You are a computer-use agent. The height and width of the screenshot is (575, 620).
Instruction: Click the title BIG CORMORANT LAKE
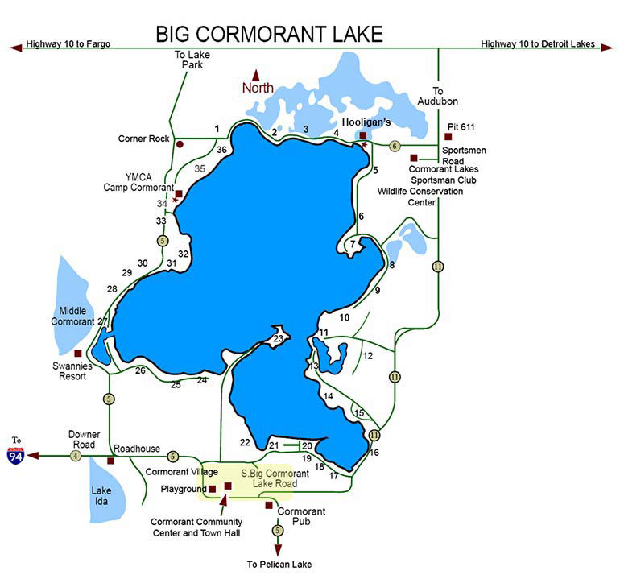(269, 34)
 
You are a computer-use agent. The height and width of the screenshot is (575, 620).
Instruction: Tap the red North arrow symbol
(257, 75)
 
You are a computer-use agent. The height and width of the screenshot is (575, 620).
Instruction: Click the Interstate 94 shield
(15, 455)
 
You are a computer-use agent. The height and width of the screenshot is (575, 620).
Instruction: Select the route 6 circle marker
(395, 146)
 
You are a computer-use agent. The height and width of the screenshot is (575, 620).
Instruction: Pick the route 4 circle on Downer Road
(76, 456)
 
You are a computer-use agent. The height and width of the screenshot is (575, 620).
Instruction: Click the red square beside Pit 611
(448, 137)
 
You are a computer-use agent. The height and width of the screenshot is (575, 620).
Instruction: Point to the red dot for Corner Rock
(180, 145)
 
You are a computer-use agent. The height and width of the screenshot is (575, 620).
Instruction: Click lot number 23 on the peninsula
(279, 340)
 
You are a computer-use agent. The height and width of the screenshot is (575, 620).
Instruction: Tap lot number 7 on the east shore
(353, 243)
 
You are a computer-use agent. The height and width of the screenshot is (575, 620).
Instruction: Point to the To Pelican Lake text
(279, 564)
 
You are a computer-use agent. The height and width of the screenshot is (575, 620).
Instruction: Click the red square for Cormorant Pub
(269, 505)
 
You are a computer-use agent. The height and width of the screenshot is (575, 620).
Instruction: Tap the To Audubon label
(438, 97)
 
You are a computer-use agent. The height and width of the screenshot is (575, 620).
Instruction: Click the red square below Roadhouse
(111, 461)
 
